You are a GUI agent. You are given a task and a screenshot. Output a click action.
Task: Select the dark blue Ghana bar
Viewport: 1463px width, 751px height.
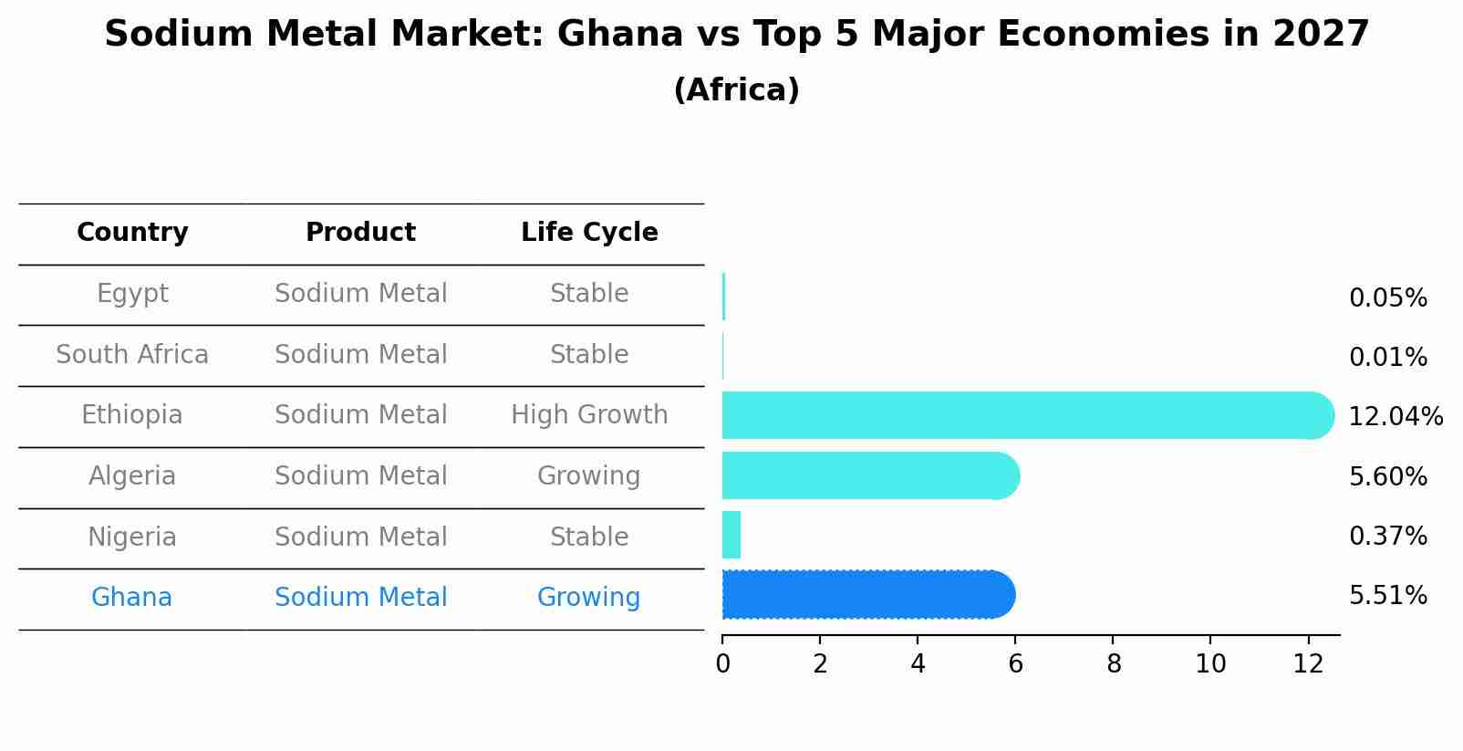867,595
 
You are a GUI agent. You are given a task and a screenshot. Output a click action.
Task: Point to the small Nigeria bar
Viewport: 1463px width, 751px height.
731,535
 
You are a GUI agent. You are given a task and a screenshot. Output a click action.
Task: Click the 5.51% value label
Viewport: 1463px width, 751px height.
1387,596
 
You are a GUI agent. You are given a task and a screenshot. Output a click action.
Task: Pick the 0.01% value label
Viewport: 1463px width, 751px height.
1387,358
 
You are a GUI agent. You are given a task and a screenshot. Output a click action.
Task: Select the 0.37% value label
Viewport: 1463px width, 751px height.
1387,537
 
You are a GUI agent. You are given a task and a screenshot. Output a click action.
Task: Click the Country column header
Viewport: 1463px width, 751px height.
132,233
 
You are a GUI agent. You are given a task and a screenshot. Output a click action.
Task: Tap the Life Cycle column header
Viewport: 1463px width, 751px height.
589,233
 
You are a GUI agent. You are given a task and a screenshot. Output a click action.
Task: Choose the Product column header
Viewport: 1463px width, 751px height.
360,233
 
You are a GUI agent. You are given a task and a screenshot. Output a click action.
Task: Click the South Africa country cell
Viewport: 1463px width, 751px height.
132,355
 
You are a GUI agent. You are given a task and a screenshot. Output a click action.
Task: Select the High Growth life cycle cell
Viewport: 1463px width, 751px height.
589,415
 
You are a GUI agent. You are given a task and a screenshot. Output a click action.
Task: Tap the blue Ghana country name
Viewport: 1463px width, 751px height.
131,598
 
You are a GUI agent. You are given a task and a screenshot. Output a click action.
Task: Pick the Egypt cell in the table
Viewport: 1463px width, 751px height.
132,294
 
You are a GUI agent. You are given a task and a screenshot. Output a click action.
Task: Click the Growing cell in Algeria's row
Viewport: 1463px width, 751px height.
588,476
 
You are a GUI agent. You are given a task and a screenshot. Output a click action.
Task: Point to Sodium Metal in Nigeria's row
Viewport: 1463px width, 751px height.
360,537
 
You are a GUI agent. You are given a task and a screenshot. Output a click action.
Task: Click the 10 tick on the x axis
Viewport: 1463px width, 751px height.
1210,664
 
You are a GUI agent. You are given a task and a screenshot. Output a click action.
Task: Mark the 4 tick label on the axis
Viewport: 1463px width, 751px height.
918,664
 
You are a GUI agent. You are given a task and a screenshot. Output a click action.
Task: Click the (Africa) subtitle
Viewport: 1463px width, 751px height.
736,90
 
